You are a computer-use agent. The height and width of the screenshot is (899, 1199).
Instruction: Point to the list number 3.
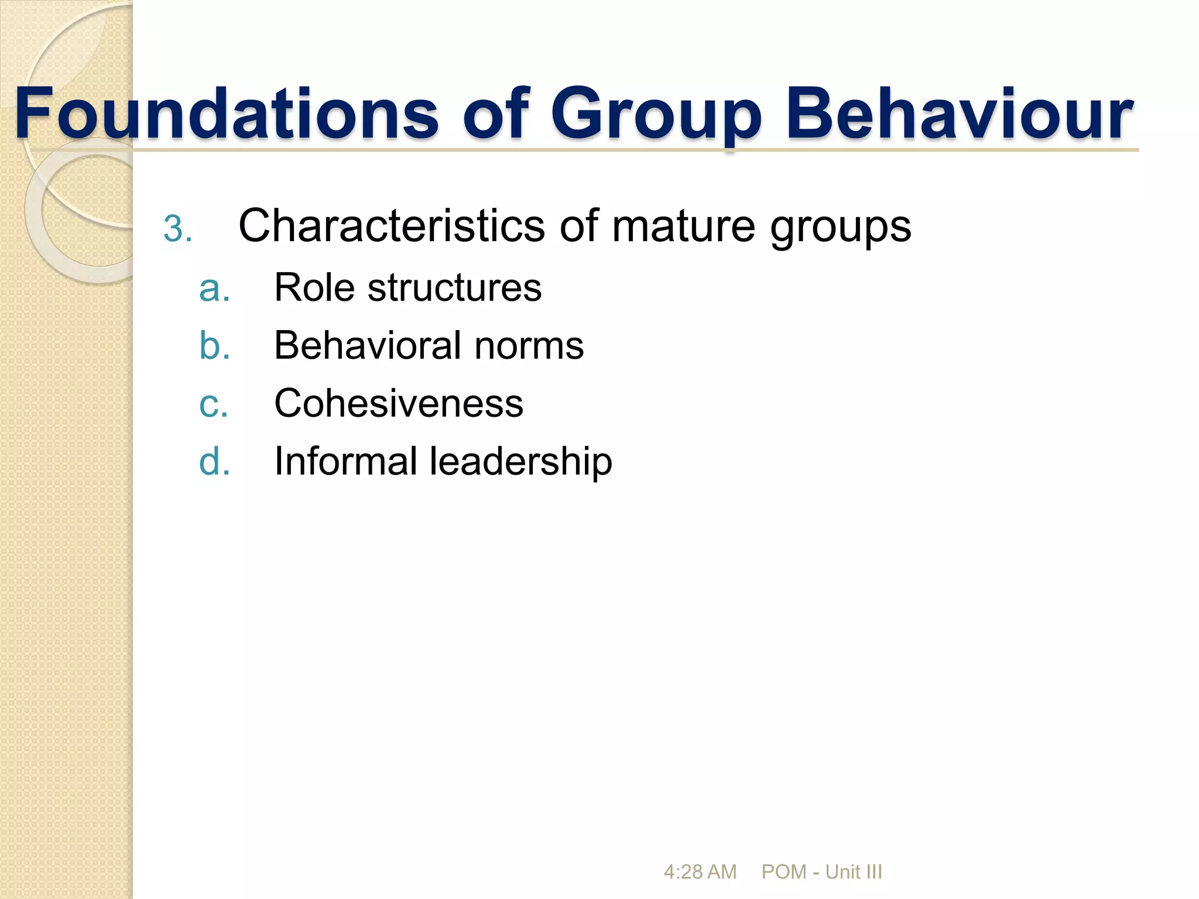(x=177, y=228)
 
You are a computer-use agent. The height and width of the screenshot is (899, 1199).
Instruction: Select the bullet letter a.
(x=214, y=289)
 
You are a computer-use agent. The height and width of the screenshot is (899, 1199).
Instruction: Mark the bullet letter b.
(x=214, y=345)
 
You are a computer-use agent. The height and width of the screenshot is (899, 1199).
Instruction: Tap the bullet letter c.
(x=213, y=404)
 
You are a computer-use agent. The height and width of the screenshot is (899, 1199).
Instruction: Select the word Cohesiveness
(x=399, y=403)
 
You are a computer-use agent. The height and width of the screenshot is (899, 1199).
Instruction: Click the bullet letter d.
(x=214, y=461)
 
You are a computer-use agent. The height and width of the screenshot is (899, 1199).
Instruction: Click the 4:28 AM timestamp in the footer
(x=700, y=872)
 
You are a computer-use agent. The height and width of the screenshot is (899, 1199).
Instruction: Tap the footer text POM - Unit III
(x=821, y=872)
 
